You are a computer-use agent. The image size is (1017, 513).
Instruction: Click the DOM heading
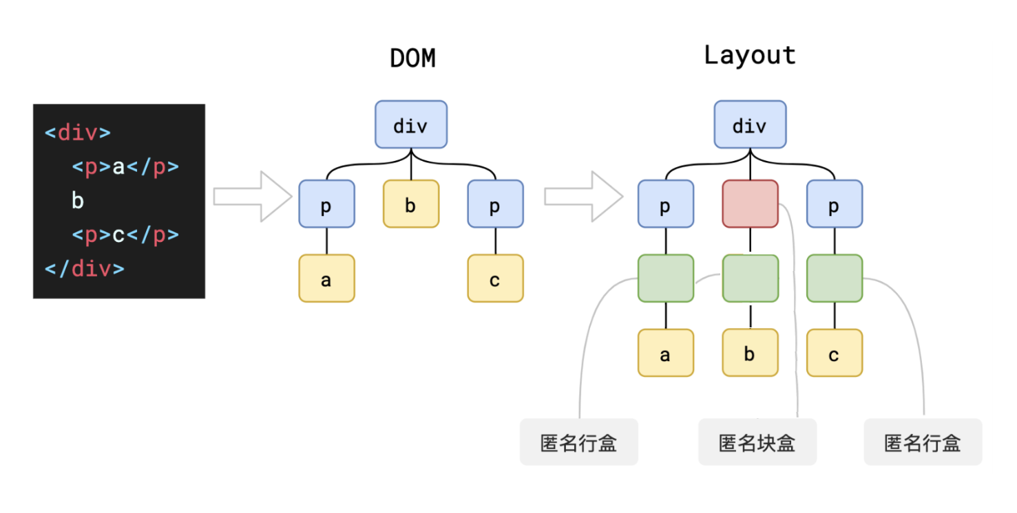(412, 58)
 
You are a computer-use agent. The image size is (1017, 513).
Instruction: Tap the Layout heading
(750, 56)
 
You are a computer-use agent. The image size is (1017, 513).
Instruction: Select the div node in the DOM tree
(411, 124)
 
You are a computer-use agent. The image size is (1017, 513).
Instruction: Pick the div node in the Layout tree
(750, 124)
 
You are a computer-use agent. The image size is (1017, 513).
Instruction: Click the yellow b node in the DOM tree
(411, 204)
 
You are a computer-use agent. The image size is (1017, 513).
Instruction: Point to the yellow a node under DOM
(326, 278)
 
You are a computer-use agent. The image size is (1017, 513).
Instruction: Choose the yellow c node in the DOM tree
(495, 278)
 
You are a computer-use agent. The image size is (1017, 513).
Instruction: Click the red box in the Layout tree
(750, 204)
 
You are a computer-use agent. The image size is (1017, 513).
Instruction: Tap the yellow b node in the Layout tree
(750, 353)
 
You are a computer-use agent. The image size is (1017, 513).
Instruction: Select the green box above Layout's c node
(835, 278)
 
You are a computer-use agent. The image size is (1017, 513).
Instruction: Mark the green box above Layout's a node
(666, 278)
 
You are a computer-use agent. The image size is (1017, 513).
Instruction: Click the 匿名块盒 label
(757, 442)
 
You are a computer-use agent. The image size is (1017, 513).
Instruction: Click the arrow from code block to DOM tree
(253, 197)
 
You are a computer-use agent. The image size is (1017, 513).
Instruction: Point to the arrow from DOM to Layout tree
(583, 197)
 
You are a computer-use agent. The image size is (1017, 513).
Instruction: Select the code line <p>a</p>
(125, 167)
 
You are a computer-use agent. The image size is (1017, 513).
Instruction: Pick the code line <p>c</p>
(125, 235)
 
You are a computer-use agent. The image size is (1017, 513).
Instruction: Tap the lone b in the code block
(78, 201)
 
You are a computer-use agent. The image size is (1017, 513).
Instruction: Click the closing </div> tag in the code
(85, 269)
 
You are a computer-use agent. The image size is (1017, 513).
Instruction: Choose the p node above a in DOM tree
(326, 204)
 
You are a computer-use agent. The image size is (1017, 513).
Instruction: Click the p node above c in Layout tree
(835, 204)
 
